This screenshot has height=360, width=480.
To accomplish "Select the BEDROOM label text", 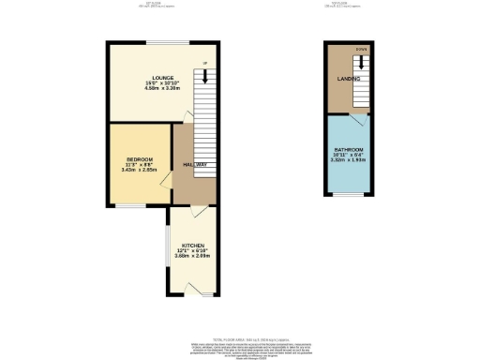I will [139, 159].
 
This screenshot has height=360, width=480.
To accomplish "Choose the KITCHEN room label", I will [193, 243].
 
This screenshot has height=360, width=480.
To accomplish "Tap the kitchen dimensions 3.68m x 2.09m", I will [193, 255].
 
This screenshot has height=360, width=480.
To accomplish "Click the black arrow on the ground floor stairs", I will [205, 77].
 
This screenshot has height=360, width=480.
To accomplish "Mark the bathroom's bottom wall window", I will [348, 195].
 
